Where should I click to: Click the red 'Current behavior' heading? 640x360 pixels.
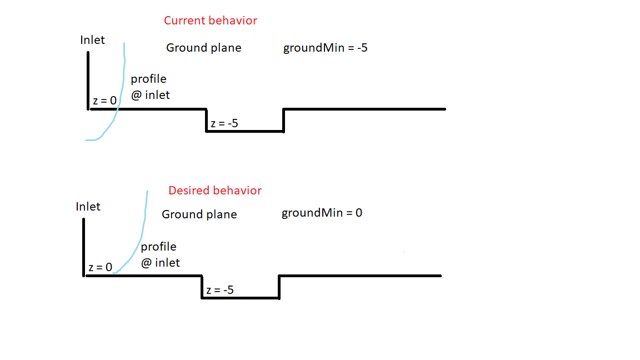(x=211, y=21)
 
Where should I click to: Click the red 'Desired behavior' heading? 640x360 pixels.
(x=215, y=190)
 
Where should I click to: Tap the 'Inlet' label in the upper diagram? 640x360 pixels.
(x=92, y=40)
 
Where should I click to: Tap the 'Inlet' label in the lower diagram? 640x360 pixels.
(x=88, y=207)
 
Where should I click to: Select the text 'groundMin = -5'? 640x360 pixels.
(x=326, y=48)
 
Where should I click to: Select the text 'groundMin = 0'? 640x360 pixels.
(x=322, y=213)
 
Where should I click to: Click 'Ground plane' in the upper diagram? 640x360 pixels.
(x=204, y=48)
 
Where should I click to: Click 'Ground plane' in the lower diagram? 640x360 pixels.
(x=199, y=214)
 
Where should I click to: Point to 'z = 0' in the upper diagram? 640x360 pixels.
(x=105, y=101)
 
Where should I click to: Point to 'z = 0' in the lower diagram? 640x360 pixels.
(x=101, y=267)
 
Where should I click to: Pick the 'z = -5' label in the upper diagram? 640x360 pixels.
(x=224, y=123)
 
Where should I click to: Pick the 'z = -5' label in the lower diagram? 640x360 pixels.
(x=220, y=290)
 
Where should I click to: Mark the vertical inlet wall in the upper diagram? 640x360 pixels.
(x=88, y=81)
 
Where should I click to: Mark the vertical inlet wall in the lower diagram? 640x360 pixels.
(x=84, y=248)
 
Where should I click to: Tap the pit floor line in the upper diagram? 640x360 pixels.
(x=245, y=132)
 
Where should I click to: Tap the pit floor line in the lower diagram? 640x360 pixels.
(x=241, y=298)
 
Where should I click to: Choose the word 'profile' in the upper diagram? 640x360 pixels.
(x=148, y=79)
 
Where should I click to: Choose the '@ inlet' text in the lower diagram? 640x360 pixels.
(x=161, y=263)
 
